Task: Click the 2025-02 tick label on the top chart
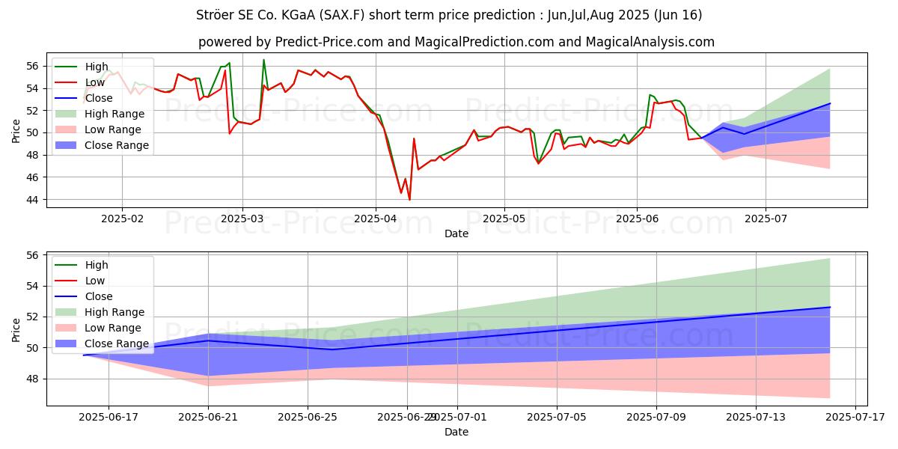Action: pos(122,219)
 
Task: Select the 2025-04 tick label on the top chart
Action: pos(375,219)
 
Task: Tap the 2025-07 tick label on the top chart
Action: pos(766,219)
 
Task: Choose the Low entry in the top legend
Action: pos(96,82)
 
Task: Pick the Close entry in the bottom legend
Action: pos(99,296)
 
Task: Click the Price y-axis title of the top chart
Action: pos(16,130)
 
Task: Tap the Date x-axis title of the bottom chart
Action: pos(456,432)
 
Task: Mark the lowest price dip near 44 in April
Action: pos(409,200)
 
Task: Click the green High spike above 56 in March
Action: pos(263,60)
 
